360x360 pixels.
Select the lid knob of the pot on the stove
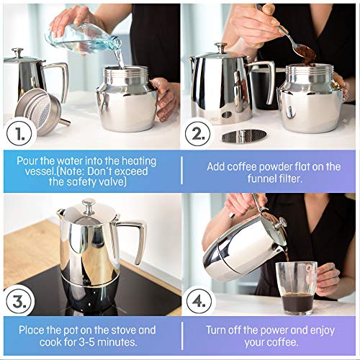pyautogui.click(x=89, y=205)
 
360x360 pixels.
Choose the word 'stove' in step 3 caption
pyautogui.click(x=115, y=330)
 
